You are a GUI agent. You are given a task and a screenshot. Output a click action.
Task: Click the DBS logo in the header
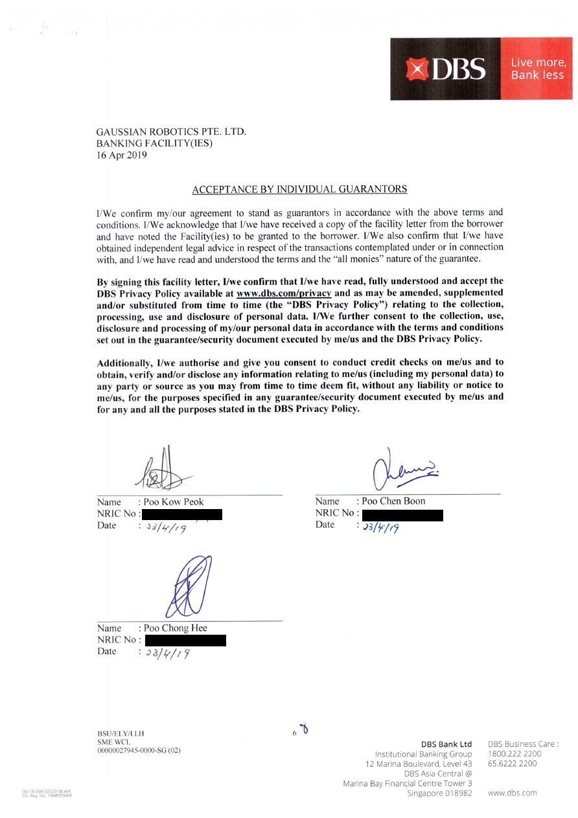pyautogui.click(x=446, y=69)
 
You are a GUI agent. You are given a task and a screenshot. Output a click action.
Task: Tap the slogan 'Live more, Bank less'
pyautogui.click(x=538, y=69)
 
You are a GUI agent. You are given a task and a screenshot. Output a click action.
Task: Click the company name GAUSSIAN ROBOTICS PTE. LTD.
pyautogui.click(x=171, y=131)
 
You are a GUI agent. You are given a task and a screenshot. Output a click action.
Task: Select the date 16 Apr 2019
pyautogui.click(x=122, y=155)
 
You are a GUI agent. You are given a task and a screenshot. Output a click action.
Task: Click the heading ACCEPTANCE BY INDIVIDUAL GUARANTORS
pyautogui.click(x=299, y=189)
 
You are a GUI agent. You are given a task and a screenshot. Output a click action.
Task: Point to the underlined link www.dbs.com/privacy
pyautogui.click(x=284, y=293)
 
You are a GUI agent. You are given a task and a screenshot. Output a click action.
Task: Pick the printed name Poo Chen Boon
pyautogui.click(x=393, y=501)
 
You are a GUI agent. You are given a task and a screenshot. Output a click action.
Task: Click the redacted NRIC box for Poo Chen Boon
pyautogui.click(x=402, y=516)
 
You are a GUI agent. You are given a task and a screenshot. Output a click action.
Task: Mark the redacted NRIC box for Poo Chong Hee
pyautogui.click(x=185, y=641)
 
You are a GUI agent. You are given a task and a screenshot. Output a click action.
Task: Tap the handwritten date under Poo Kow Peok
pyautogui.click(x=166, y=528)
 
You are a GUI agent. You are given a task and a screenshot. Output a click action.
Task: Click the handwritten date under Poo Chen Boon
pyautogui.click(x=381, y=527)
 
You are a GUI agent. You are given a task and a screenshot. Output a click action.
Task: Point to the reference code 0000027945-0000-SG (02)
pyautogui.click(x=139, y=751)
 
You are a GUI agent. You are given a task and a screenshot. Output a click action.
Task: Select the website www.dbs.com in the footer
pyautogui.click(x=512, y=793)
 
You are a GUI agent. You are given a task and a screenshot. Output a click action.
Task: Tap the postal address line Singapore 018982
pyautogui.click(x=439, y=793)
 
